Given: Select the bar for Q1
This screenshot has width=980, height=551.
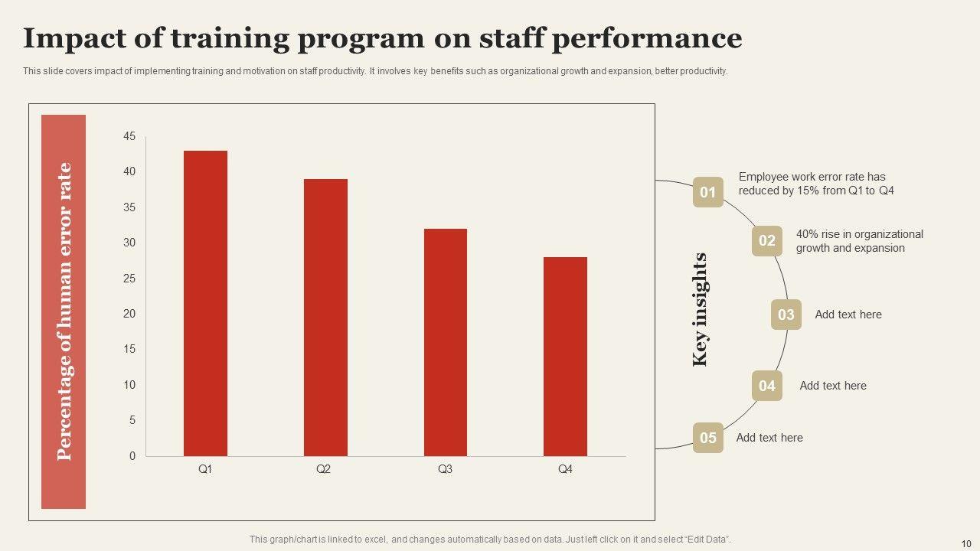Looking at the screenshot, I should [205, 303].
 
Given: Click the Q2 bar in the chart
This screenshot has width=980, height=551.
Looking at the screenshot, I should [325, 318].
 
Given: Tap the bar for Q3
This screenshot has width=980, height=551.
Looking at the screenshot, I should [446, 342].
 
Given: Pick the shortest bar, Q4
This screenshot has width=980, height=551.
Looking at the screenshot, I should [565, 357].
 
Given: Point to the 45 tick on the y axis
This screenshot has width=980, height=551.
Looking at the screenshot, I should [129, 137].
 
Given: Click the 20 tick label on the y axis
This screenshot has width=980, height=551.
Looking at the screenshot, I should [129, 314].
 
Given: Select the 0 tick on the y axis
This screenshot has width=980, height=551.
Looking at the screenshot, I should [132, 456].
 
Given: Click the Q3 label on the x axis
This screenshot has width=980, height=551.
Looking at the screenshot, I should [445, 469].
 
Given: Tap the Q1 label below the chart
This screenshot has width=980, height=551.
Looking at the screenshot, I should [205, 469].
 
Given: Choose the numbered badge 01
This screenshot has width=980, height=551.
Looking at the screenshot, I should [707, 192].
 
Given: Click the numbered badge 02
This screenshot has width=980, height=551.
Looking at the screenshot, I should [766, 241].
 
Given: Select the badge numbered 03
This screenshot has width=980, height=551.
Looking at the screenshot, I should [786, 315].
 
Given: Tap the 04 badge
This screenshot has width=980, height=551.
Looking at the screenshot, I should [766, 386].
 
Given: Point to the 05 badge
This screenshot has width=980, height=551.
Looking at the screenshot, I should [707, 438].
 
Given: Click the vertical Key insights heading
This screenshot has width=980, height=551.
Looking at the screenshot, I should [700, 310].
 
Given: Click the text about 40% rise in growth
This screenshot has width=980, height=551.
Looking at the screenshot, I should [859, 241].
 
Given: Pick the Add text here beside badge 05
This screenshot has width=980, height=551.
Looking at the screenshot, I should [769, 438].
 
